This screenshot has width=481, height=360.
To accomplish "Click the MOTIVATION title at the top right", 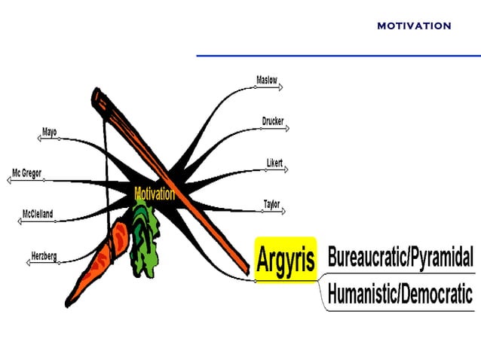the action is pos(414,26).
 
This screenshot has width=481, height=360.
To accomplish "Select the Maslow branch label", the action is pos(267,80).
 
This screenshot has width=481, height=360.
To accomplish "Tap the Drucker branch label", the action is pos(272,121).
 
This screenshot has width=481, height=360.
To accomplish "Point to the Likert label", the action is pos(274,163).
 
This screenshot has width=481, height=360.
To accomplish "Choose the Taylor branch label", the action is pos(271,203).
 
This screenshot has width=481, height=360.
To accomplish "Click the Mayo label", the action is pos(50,133).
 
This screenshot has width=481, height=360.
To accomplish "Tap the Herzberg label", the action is pos(44,256).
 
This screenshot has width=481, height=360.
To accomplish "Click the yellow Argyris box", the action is pos(286,258).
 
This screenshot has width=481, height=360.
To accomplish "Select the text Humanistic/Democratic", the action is pos(400,293).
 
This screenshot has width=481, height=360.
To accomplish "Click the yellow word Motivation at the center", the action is pos(155,194).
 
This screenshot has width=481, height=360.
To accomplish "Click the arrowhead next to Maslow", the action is pos(280,87).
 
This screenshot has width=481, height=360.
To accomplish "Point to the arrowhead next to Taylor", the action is pos(283,211).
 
